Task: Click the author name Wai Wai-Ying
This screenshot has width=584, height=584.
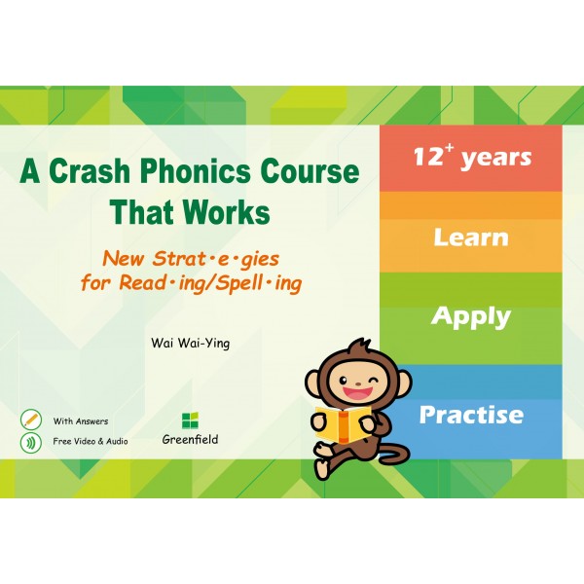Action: click(x=191, y=343)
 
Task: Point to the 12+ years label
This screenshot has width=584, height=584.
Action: click(x=472, y=157)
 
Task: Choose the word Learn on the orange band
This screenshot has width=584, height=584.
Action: click(x=471, y=237)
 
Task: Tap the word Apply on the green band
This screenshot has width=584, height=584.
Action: click(x=471, y=317)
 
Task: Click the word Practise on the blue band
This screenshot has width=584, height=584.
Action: click(x=471, y=415)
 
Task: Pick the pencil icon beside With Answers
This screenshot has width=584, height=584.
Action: click(x=30, y=420)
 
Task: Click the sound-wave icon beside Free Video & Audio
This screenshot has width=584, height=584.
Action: click(x=30, y=442)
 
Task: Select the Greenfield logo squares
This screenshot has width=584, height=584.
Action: click(x=190, y=420)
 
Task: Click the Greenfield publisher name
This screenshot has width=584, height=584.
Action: click(x=190, y=440)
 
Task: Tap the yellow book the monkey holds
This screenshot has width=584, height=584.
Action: click(x=343, y=423)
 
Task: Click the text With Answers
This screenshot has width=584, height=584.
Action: click(x=81, y=421)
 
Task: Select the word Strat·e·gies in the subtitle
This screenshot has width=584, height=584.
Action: click(x=216, y=259)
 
